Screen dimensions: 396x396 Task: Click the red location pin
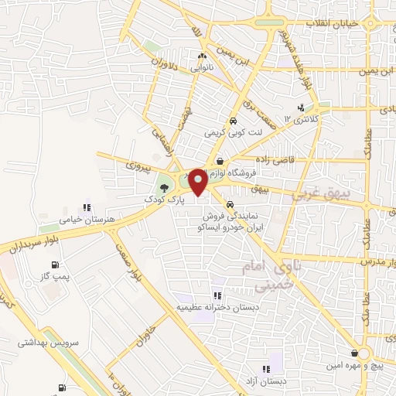[198, 182]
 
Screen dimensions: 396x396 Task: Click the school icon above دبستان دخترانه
[218, 295]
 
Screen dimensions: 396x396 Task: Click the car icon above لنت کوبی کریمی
[232, 121]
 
